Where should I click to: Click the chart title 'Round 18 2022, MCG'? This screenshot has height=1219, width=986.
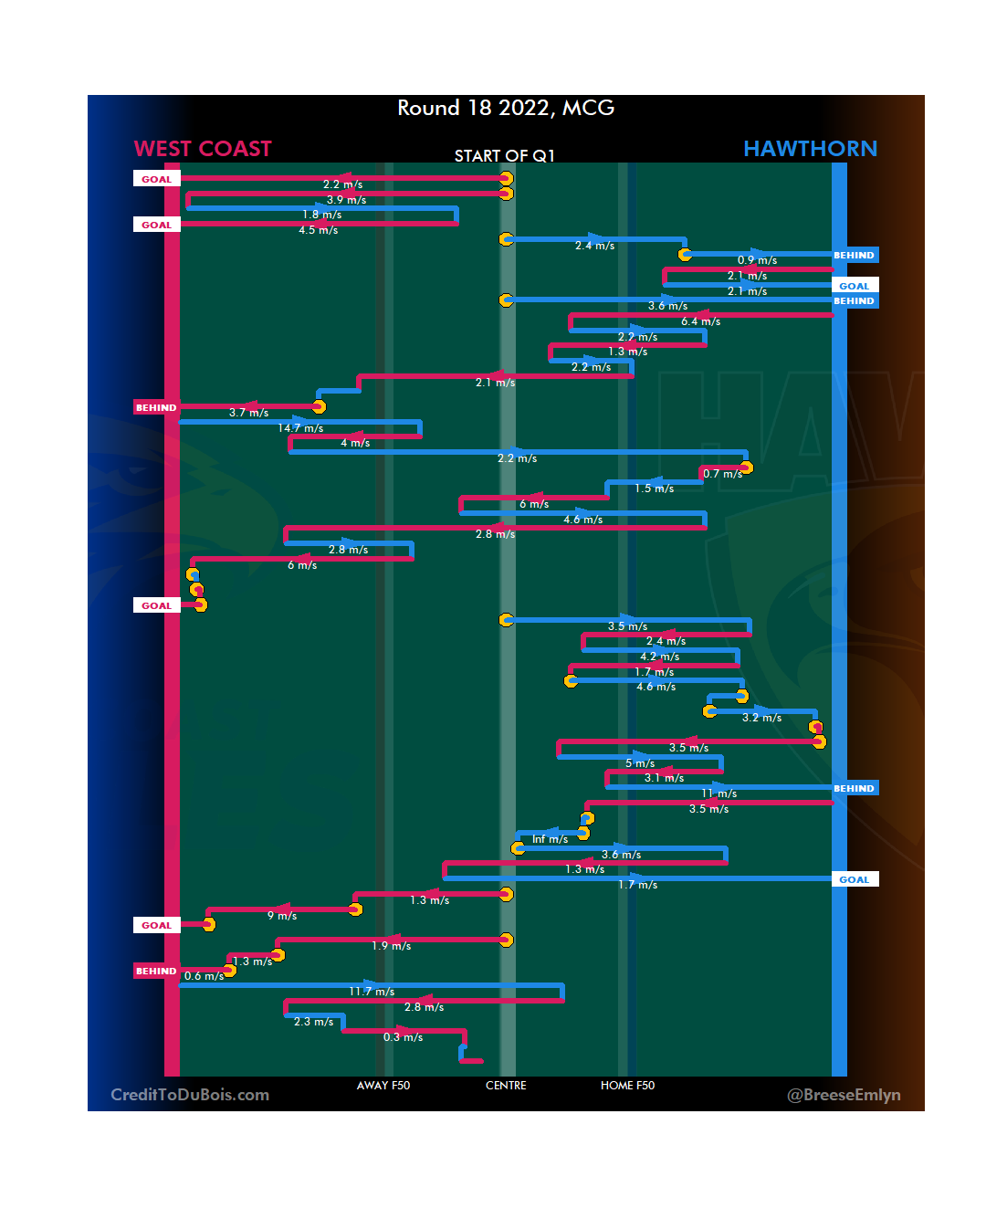(x=506, y=108)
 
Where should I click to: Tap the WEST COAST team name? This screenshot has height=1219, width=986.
(x=203, y=149)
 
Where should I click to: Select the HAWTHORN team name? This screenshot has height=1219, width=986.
(x=810, y=149)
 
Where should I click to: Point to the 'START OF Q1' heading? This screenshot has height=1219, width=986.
(x=505, y=156)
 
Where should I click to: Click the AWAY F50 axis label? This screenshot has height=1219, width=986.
(x=383, y=1086)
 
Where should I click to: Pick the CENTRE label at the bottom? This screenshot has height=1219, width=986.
(x=506, y=1086)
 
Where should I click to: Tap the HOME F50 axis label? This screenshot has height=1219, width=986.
(x=627, y=1086)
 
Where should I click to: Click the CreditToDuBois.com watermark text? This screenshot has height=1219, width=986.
(x=190, y=1095)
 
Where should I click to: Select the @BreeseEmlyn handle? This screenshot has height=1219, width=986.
(x=844, y=1095)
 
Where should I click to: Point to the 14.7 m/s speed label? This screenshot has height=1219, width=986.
(x=300, y=428)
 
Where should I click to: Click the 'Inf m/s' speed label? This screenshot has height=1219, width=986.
(x=550, y=839)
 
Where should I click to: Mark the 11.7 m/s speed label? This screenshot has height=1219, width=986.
(x=372, y=992)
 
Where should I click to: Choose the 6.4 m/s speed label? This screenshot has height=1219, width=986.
(x=700, y=321)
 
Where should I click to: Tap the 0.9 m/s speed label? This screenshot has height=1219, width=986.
(x=757, y=260)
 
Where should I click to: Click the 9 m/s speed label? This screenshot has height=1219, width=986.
(x=282, y=915)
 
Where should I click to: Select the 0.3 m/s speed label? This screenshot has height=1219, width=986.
(x=403, y=1037)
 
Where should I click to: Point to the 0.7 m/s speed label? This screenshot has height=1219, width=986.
(x=722, y=474)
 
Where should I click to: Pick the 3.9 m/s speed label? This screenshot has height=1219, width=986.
(x=346, y=200)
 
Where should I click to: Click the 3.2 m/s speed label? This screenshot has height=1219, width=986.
(x=761, y=718)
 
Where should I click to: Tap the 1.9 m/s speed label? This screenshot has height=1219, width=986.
(x=391, y=946)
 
